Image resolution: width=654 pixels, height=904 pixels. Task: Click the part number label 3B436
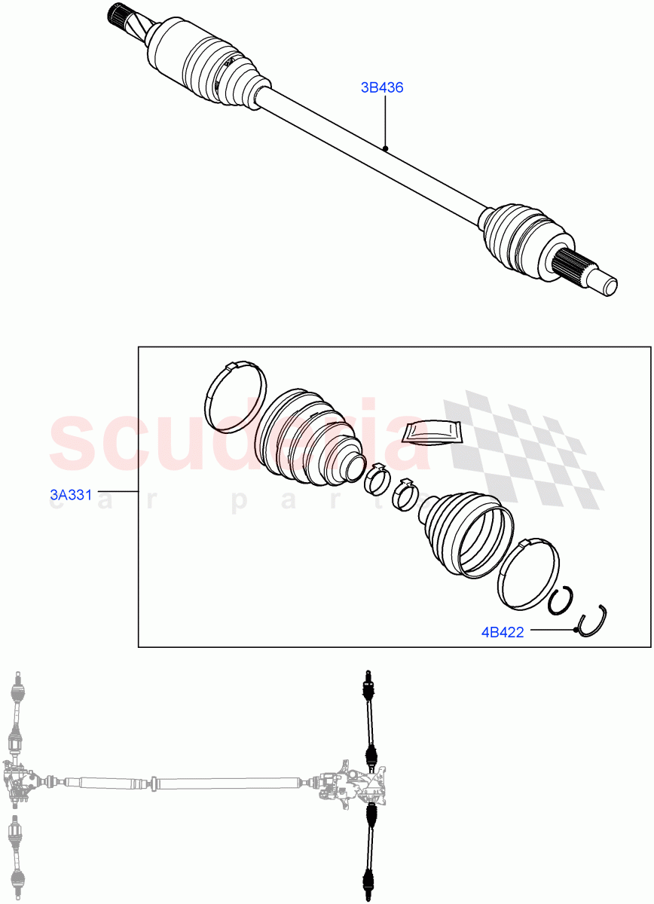382,87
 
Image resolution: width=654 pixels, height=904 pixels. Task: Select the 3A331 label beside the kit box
71,495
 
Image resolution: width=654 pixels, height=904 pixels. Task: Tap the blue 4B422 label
503,632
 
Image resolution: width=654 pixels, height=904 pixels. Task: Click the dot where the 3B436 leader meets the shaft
385,148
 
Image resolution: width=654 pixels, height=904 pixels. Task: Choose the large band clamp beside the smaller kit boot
528,572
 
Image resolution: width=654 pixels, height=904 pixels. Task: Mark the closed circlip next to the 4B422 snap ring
561,600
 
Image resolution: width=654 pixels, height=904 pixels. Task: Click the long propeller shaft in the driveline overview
181,783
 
